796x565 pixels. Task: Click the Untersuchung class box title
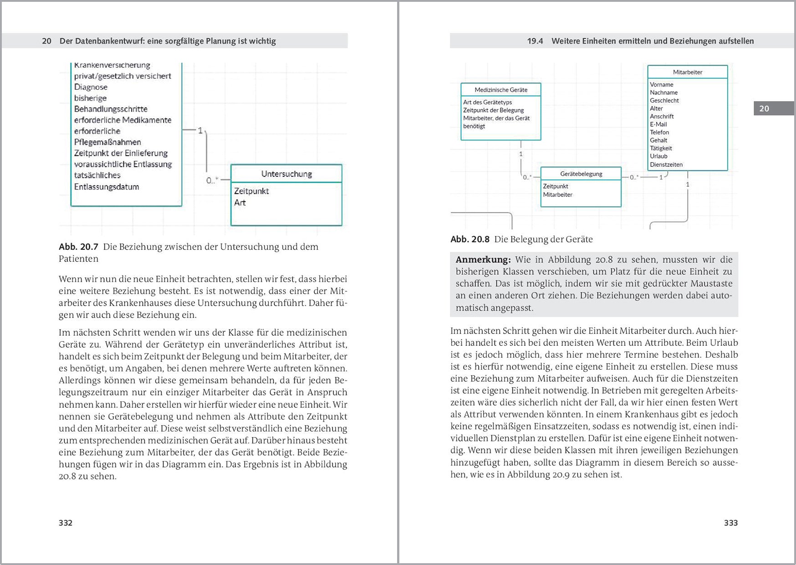(x=286, y=174)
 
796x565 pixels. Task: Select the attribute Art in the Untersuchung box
(x=240, y=203)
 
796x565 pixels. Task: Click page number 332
(x=66, y=523)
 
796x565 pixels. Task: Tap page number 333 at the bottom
(x=730, y=523)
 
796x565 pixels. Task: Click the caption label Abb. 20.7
(x=78, y=247)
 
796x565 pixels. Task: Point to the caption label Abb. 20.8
(x=469, y=239)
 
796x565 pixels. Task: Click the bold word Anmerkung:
(x=483, y=260)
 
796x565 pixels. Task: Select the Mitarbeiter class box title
(x=687, y=72)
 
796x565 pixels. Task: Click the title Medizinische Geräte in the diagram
(x=501, y=90)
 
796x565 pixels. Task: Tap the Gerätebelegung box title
(x=581, y=174)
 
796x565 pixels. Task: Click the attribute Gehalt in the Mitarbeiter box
(x=658, y=140)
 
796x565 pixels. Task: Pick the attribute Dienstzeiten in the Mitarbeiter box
(x=666, y=164)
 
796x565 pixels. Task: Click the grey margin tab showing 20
(x=764, y=108)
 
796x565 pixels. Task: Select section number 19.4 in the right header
(x=535, y=41)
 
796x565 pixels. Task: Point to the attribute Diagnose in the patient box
(x=91, y=87)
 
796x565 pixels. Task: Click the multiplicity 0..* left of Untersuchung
(x=212, y=180)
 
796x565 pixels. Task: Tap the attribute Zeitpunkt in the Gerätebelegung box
(x=556, y=186)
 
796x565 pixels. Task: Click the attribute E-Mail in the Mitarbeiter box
(x=658, y=124)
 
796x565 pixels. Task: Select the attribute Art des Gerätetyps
(x=487, y=102)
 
